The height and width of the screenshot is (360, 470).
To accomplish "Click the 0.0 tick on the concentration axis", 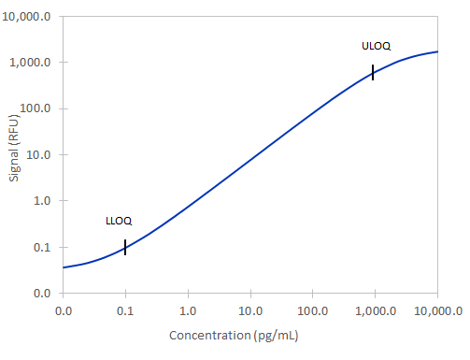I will tap(64, 310).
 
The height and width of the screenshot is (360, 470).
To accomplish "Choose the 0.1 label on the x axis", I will tap(125, 310).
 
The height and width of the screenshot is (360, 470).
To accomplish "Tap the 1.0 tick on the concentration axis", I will tap(188, 310).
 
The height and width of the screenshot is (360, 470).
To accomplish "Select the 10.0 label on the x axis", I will tap(249, 310).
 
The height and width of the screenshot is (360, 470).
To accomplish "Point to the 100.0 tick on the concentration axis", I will tap(312, 310).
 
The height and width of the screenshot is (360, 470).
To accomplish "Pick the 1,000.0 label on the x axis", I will tap(374, 310).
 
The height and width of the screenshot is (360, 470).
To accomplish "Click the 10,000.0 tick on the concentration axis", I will tap(437, 310).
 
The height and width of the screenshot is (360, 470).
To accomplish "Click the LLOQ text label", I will tap(119, 222).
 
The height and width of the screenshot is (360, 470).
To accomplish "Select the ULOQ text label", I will tap(376, 46).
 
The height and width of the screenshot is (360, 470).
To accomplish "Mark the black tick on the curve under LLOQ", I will tap(125, 247).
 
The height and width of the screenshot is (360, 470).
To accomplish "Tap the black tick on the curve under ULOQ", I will tap(373, 73).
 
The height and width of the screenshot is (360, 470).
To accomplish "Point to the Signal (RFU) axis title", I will tap(14, 155).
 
